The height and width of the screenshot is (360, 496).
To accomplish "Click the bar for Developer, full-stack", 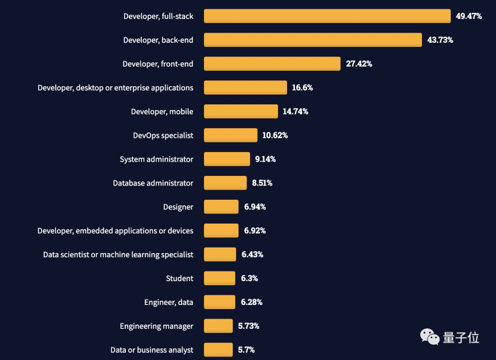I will coord(327,16).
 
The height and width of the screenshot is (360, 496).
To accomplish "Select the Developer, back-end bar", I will coord(313,40).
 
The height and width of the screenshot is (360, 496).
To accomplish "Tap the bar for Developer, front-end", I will coord(272,64).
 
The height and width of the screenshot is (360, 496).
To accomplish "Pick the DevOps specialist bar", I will coord(231,135).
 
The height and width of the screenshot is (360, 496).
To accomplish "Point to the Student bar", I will coord(220,278).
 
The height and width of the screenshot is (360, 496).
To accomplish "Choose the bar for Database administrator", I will coord(225,183).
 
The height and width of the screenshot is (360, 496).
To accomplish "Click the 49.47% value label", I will coord(468,16).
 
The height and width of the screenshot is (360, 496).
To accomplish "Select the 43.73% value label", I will coord(440,40).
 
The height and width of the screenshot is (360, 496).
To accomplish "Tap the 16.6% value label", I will coord(302,88).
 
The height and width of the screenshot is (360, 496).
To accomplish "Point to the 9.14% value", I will coord(265,159).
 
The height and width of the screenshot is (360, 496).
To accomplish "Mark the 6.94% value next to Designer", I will coord(255,207).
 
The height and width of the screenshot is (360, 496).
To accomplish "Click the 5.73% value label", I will coord(248,326).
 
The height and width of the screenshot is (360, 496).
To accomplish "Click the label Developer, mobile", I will coord(162,112).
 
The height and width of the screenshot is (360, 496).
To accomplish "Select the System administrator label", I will coord(157,159).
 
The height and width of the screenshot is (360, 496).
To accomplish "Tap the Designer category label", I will coord(178,207).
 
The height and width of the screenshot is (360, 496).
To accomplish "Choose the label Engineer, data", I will coord(169,302).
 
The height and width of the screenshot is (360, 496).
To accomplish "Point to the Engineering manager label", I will coord(157,326).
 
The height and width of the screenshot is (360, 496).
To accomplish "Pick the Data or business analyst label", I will coord(152,350).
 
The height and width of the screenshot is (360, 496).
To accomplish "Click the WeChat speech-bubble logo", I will coord(430,337).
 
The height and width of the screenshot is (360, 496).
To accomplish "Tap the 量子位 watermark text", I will coord(461,338).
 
